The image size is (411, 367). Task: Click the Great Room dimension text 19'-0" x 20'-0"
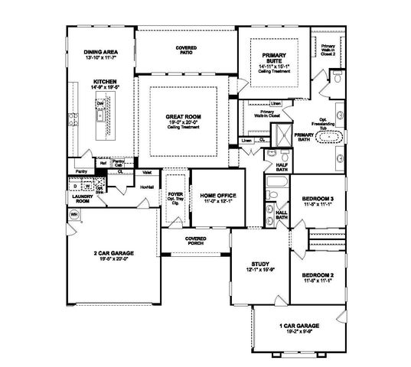coord(183,122)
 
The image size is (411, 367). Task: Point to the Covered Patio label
coord(185,51)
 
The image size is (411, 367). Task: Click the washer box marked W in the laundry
coord(88,185)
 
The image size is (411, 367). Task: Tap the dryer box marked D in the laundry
coord(75,185)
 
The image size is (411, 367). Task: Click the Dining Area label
coord(101,51)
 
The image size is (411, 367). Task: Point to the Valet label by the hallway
coord(147,173)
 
